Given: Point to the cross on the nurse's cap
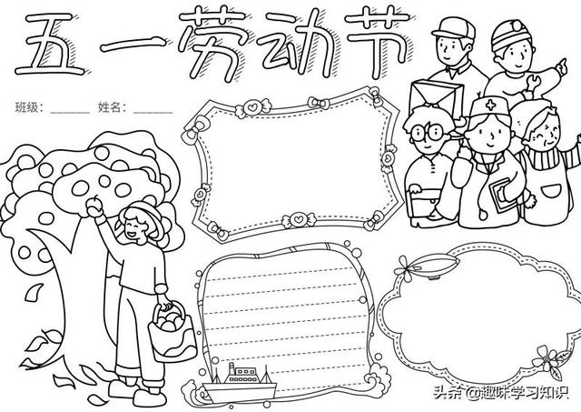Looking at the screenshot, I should click(x=491, y=106).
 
